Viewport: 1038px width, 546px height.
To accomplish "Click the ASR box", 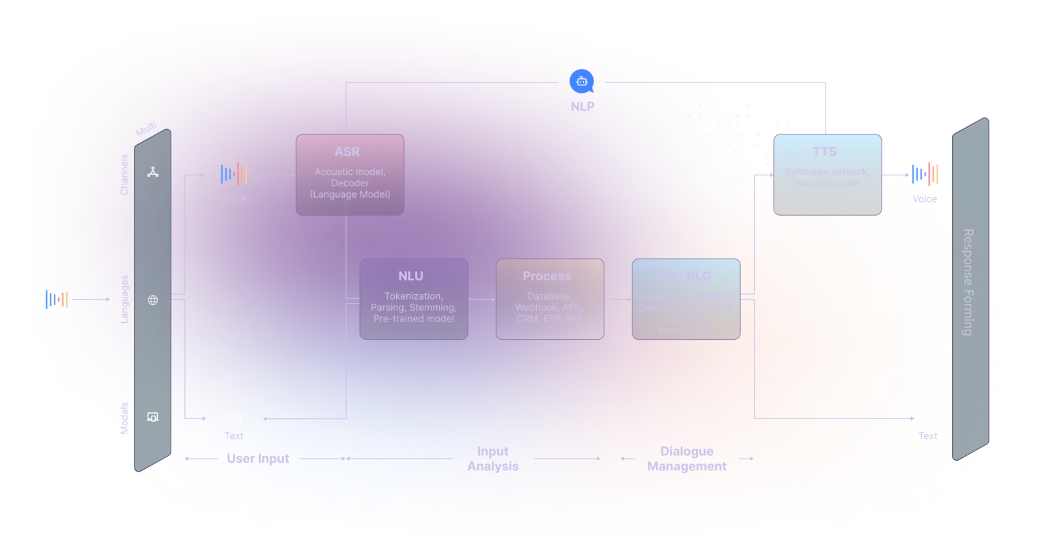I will (x=350, y=175).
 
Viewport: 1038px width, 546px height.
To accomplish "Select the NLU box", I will (x=413, y=299).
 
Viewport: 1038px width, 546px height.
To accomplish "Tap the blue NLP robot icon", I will (x=582, y=82).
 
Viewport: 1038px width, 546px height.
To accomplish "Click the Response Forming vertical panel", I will (x=970, y=287).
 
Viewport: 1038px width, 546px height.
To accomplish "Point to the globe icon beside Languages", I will (x=153, y=300).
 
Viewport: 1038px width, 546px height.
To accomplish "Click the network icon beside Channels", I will (x=153, y=172).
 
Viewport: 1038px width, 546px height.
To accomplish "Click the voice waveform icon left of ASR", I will (x=234, y=174).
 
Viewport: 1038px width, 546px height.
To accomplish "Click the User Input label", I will (x=257, y=459).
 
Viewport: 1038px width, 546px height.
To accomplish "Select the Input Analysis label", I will (x=492, y=459).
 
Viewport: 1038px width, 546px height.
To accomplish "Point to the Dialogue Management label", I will (x=686, y=459).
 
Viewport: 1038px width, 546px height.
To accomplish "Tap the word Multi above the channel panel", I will (x=146, y=129).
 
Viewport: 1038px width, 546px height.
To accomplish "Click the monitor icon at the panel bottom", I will (x=153, y=417).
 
